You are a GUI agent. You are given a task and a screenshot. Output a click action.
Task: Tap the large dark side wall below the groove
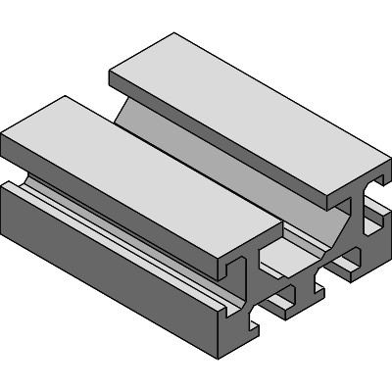[x=108, y=274]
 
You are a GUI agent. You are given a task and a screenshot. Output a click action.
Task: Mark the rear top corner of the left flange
[x=66, y=96]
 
